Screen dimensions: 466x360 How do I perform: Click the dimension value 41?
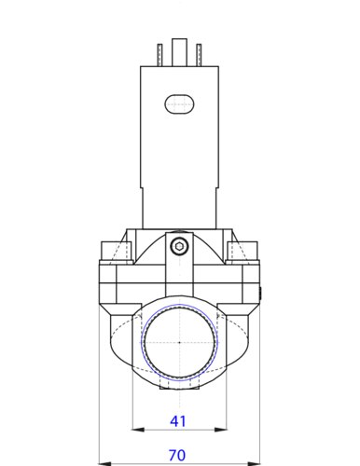coord(178,421)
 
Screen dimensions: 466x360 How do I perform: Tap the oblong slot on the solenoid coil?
coord(180,103)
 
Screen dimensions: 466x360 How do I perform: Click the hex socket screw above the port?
coord(179,246)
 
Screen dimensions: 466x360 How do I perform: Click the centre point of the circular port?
coord(179,342)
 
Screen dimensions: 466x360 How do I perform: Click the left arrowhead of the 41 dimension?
coord(138,430)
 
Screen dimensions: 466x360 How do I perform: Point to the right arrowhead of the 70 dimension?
coord(255,462)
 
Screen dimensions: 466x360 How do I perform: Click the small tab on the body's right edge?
coord(261,295)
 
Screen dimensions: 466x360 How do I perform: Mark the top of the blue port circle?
coord(179,304)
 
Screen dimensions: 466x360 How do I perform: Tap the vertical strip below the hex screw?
coord(179,280)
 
